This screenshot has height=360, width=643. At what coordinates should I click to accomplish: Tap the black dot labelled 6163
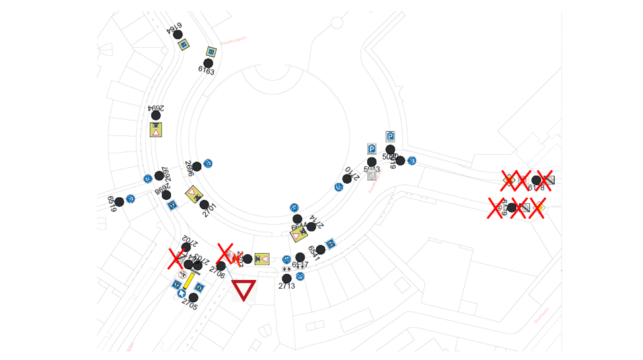click(x=209, y=63)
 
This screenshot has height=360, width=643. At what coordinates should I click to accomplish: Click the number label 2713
click(x=286, y=286)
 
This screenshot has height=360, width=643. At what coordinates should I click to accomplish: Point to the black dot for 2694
click(x=156, y=116)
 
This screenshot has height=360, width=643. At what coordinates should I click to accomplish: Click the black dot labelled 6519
click(x=119, y=202)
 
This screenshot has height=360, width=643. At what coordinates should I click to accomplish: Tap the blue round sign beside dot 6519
click(x=130, y=199)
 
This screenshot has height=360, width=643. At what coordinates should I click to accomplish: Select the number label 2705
click(x=189, y=305)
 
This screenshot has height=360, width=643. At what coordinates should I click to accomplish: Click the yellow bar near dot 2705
click(x=189, y=281)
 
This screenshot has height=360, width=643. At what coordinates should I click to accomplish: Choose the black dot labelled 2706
click(x=221, y=266)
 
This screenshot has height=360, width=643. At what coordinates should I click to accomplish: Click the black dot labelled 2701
click(x=204, y=205)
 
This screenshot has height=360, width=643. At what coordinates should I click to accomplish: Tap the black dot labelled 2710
click(x=347, y=179)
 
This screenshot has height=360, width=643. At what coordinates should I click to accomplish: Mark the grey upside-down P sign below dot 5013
click(x=372, y=175)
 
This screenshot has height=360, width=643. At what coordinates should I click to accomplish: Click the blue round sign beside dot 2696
click(x=208, y=164)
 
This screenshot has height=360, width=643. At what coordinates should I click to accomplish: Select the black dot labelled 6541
click(x=320, y=250)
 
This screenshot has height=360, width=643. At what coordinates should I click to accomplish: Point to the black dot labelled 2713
click(x=287, y=279)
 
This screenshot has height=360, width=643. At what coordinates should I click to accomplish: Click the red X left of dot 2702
click(x=176, y=258)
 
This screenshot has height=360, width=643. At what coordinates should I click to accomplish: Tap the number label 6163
click(x=206, y=70)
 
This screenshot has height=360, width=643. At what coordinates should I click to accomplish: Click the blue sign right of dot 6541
click(x=330, y=244)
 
